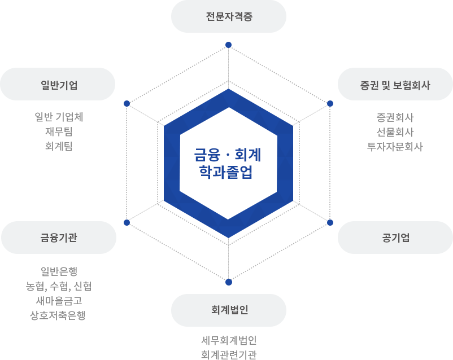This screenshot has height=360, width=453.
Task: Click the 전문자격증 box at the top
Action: click(x=228, y=16)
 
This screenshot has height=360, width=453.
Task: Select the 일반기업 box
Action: click(x=58, y=85)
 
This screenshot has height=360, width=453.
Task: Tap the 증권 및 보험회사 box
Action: click(x=395, y=85)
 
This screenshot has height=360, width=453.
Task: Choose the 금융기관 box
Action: click(x=58, y=238)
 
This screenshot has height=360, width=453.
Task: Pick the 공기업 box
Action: click(x=395, y=238)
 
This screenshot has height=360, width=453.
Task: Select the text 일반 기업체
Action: click(x=59, y=117)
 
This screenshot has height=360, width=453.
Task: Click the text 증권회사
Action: click(x=395, y=118)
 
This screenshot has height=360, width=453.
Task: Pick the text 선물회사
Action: click(x=395, y=132)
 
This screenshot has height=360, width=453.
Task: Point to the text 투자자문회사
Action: click(x=395, y=146)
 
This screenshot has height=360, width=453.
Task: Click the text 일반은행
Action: click(x=59, y=273)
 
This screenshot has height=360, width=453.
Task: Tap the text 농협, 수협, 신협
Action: click(x=59, y=286)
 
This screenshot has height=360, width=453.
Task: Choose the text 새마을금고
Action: click(x=59, y=300)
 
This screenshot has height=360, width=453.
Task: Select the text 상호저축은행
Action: click(x=59, y=314)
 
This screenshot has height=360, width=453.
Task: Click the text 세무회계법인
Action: click(x=229, y=341)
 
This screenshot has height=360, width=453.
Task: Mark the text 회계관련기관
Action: click(x=229, y=354)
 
